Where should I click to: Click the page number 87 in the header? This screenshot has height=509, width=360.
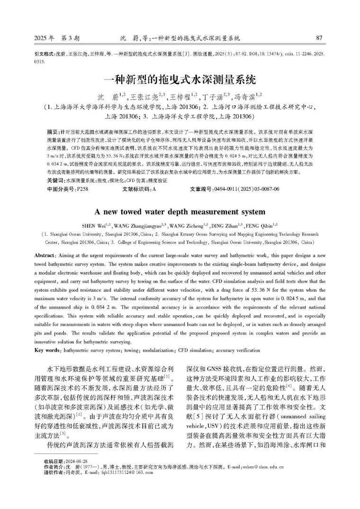point(319,38)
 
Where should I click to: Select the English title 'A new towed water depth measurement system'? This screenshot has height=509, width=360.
point(180,211)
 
